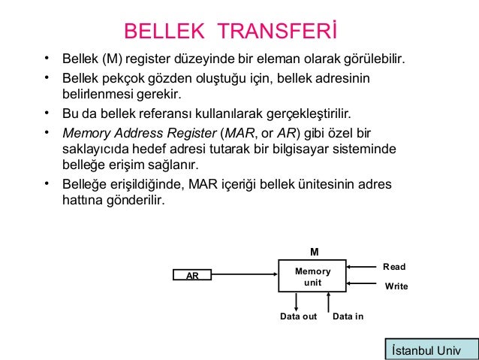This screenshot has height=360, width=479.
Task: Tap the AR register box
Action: click(x=192, y=276)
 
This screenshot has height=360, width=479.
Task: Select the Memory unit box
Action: click(x=312, y=275)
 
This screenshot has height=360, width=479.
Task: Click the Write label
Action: click(x=396, y=286)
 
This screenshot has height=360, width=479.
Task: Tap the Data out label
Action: click(x=298, y=316)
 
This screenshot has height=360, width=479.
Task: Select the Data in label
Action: click(x=348, y=316)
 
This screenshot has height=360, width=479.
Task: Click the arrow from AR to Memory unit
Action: click(x=244, y=275)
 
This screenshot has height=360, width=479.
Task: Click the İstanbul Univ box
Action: click(x=430, y=350)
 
